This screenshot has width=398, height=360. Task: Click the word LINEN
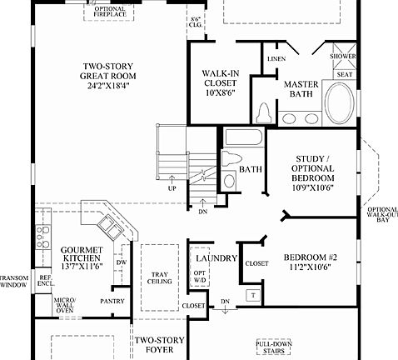pyautogui.click(x=276, y=59)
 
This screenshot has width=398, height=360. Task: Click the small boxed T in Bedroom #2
pyautogui.click(x=251, y=296)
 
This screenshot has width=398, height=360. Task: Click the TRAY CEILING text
pyautogui.click(x=159, y=280)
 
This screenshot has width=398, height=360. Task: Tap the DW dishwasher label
pyautogui.click(x=121, y=262)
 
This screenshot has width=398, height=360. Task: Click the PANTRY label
pyautogui.click(x=111, y=301)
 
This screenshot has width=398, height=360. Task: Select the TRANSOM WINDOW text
pyautogui.click(x=14, y=281)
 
